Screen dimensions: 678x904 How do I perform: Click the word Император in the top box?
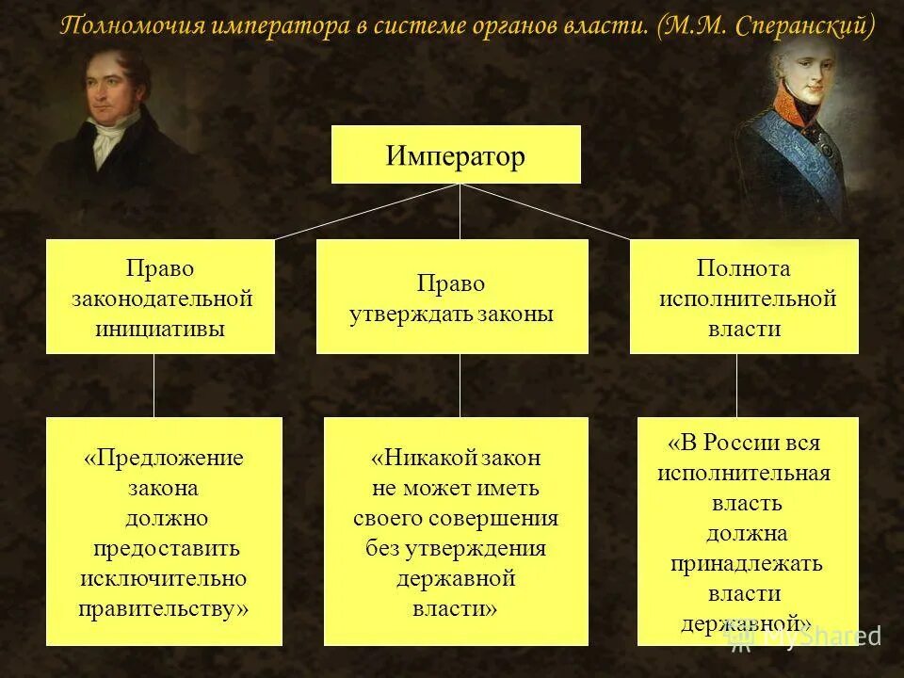click(x=455, y=155)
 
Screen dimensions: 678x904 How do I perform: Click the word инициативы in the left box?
click(x=160, y=329)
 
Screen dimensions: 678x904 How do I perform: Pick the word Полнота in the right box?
click(x=743, y=268)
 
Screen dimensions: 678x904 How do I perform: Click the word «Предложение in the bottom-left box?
click(x=163, y=458)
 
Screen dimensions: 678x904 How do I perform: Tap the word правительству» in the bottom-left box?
click(x=163, y=608)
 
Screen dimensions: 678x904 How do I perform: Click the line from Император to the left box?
click(x=367, y=212)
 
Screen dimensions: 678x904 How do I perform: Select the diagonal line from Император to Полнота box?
click(x=546, y=212)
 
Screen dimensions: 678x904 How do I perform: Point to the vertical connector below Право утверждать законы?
click(x=460, y=384)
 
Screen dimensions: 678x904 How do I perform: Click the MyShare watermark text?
click(x=819, y=636)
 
